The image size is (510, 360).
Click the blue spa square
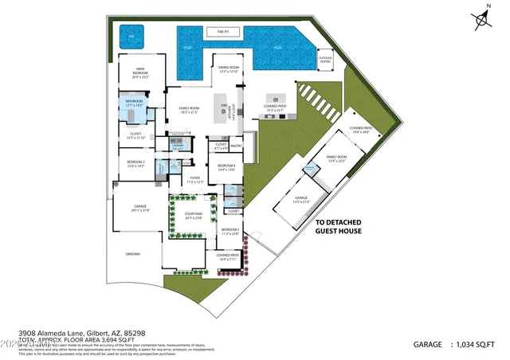[x=128, y=36]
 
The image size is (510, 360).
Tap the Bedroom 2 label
[x=135, y=163]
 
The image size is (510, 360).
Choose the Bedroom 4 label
[x=227, y=167]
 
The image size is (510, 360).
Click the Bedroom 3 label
[x=229, y=233]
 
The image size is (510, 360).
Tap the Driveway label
[x=133, y=254]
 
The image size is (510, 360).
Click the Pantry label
[x=236, y=146]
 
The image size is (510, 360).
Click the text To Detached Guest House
[x=339, y=227]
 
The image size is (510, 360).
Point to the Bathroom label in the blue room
[x=133, y=102]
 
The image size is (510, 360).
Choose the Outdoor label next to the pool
[x=325, y=59]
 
